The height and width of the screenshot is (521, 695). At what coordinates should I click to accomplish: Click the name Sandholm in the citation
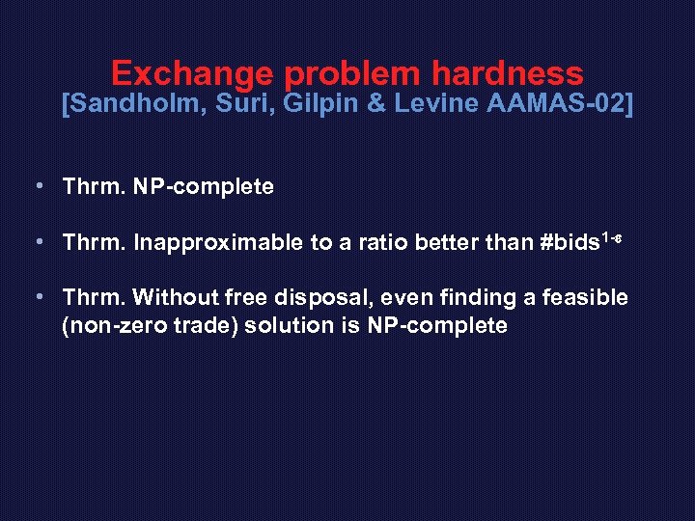tap(132, 104)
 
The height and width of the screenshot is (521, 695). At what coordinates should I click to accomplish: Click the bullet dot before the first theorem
tap(36, 187)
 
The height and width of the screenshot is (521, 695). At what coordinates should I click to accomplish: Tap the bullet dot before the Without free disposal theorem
tap(36, 298)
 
